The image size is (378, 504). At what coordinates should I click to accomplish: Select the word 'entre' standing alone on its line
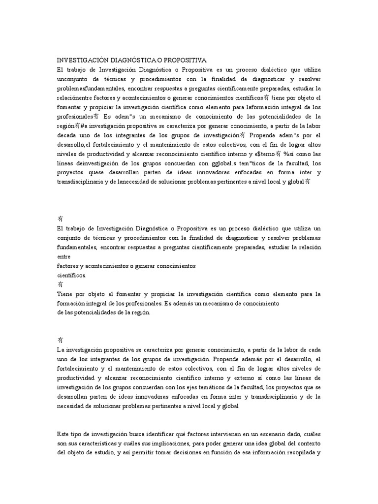64,256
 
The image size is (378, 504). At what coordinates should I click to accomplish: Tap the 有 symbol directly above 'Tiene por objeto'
60,284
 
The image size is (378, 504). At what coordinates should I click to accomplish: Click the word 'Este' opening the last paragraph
63,434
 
